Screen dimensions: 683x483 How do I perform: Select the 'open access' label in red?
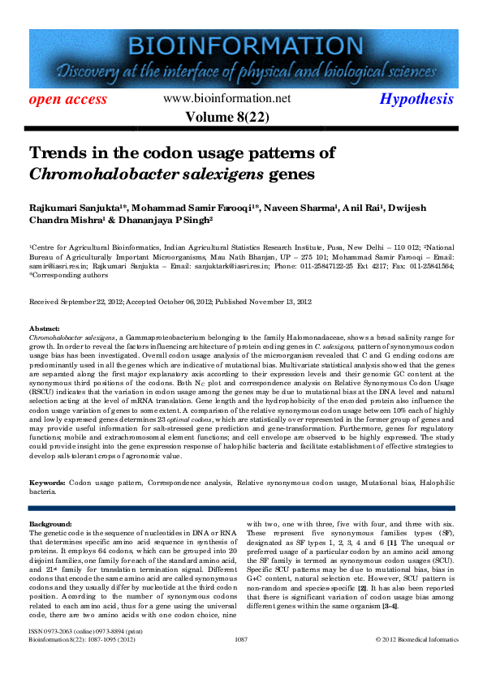pos(68,100)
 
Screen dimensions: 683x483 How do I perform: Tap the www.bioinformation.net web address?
pos(226,98)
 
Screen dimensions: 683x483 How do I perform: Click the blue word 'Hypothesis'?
pos(416,99)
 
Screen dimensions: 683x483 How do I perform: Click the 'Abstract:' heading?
pos(45,327)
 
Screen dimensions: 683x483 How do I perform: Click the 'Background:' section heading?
pos(50,524)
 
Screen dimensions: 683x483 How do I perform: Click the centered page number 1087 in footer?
pos(240,662)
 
